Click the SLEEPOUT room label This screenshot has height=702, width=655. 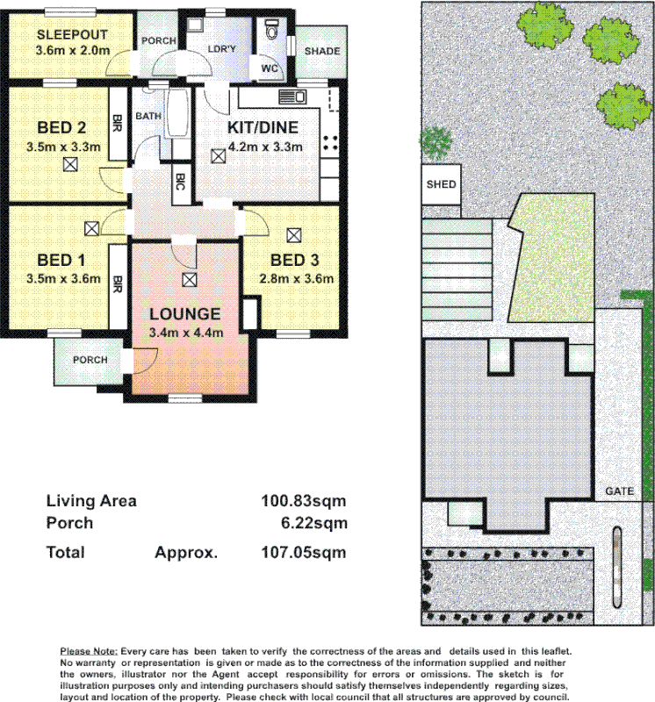click(72, 34)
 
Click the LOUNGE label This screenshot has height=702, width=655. click(184, 314)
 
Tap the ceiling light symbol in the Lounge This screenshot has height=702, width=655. click(189, 280)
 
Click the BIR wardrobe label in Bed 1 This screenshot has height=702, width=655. click(116, 283)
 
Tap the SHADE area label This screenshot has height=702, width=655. click(321, 51)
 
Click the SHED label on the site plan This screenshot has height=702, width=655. click(441, 184)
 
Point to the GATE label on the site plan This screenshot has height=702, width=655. click(619, 492)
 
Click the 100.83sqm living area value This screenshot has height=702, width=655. click(304, 501)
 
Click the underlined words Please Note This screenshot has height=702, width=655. click(88, 651)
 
